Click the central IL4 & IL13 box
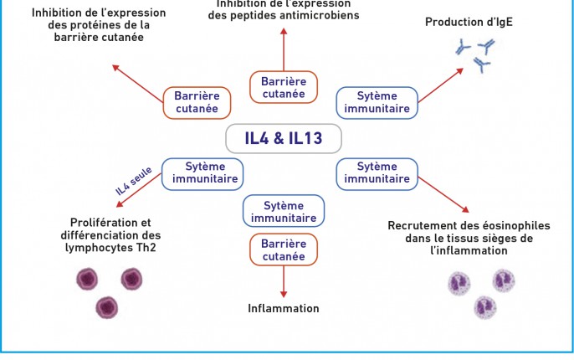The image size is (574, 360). (x=283, y=136)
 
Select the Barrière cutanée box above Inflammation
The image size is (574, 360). (x=284, y=249)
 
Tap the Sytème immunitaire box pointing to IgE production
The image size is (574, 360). (x=377, y=102)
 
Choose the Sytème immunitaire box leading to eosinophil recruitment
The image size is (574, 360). (x=377, y=172)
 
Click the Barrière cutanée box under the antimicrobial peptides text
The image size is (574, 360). (x=284, y=87)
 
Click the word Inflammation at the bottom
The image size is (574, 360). (x=284, y=308)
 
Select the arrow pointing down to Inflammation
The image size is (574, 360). (x=284, y=280)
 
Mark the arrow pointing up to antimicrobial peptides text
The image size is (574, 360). (x=284, y=50)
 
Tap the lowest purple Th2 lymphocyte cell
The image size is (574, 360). (x=107, y=307)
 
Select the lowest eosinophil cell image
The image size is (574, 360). (x=485, y=308)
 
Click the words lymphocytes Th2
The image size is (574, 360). (x=111, y=248)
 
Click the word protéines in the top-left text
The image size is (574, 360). (x=98, y=25)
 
